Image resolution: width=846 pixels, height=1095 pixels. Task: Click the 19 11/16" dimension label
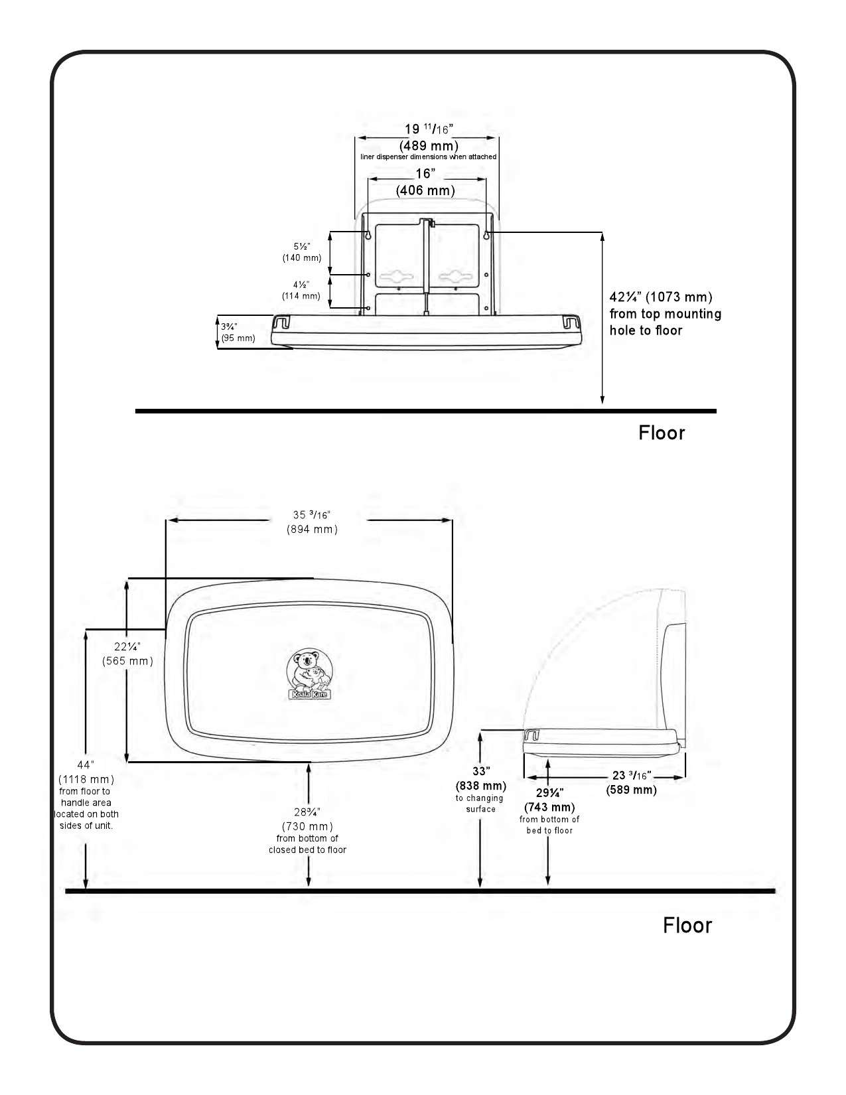(429, 129)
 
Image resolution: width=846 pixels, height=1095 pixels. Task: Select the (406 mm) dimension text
(425, 190)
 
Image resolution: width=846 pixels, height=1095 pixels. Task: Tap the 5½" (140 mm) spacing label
(301, 252)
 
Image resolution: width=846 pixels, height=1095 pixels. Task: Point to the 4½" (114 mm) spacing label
(301, 290)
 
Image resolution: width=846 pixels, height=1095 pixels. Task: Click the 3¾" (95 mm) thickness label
(238, 332)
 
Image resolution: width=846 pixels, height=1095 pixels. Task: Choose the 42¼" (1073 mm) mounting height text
(666, 313)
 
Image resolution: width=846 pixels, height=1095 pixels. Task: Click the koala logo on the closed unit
(310, 674)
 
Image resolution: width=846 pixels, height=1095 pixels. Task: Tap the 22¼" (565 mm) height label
(127, 654)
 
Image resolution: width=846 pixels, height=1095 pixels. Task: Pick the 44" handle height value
(86, 765)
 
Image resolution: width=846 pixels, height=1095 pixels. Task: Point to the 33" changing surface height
(481, 771)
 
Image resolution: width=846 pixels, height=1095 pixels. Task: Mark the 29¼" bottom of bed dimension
(549, 792)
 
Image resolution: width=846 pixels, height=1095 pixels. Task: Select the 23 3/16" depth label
(632, 776)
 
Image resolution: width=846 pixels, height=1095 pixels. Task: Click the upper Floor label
(662, 433)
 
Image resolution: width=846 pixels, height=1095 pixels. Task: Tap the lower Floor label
(687, 926)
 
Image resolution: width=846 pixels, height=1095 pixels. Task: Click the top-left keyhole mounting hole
(368, 234)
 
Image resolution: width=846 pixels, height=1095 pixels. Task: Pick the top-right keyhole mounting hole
(486, 234)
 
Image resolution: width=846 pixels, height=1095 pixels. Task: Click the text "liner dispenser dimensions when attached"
(428, 157)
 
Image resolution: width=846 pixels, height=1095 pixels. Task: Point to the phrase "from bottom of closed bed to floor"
(307, 844)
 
